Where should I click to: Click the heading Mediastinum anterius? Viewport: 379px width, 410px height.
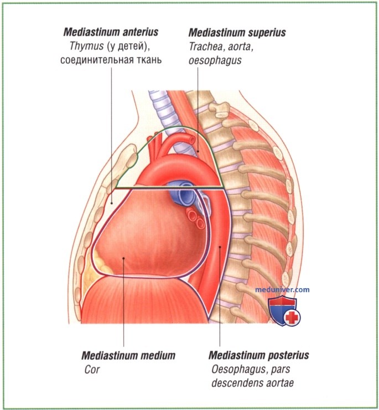click(x=111, y=32)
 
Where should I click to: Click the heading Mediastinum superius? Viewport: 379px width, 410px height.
click(x=237, y=33)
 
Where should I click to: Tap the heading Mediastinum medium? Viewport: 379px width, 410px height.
click(x=128, y=355)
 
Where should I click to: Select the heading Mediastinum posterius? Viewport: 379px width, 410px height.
click(x=258, y=355)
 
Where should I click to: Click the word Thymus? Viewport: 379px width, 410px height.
click(x=86, y=46)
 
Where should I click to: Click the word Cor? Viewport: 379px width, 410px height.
click(x=92, y=370)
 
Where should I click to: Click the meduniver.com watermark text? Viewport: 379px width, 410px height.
click(x=282, y=289)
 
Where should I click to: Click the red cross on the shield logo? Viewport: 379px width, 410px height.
click(x=292, y=317)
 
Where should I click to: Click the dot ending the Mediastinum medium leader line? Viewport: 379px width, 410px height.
click(x=123, y=258)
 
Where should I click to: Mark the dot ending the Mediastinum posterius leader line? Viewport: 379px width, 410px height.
click(x=220, y=246)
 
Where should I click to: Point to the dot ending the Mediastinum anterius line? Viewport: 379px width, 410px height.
click(x=112, y=203)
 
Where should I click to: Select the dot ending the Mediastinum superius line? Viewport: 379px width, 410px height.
click(x=198, y=151)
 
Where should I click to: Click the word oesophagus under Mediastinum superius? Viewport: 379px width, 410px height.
click(x=215, y=60)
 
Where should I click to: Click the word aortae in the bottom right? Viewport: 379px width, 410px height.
click(x=280, y=383)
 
